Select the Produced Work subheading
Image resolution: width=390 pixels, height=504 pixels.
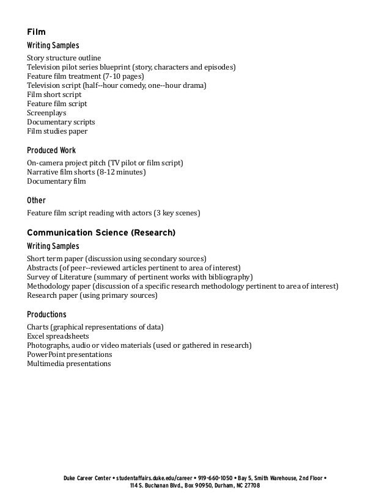tap(51, 150)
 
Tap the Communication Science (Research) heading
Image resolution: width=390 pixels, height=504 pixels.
tap(101, 232)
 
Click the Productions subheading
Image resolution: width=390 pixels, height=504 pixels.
tap(46, 314)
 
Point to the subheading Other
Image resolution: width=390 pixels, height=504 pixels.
tap(36, 200)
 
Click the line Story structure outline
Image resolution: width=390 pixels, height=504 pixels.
tap(64, 58)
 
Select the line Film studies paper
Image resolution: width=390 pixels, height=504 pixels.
tap(57, 131)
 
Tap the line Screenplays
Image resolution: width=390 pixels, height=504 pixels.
tap(46, 113)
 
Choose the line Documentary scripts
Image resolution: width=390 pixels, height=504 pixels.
tap(61, 122)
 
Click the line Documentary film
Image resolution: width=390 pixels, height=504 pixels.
tap(56, 181)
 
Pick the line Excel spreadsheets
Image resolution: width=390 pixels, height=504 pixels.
tap(58, 336)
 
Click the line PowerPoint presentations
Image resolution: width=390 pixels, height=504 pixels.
tap(70, 355)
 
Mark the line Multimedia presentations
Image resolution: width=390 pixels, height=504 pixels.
tap(69, 364)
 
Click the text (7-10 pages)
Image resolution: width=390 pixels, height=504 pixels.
tap(124, 76)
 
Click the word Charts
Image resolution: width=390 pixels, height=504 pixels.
tap(38, 327)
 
